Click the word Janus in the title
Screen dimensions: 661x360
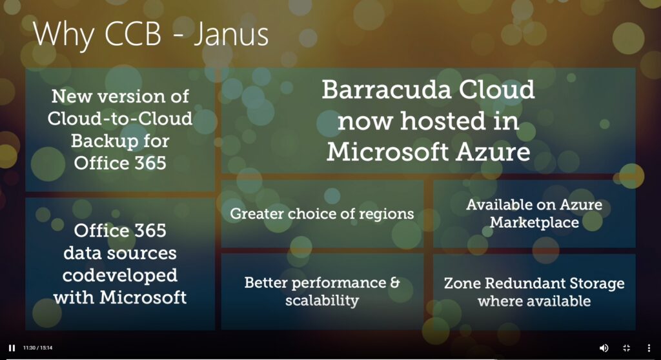coord(231,34)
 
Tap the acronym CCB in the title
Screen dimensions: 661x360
coord(133,34)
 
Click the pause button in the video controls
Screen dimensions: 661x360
coord(12,348)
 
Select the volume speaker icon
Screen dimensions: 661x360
coord(604,348)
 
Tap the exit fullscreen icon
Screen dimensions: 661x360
coord(626,348)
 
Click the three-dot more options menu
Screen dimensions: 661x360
coord(649,348)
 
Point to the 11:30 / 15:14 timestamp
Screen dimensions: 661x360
coord(37,348)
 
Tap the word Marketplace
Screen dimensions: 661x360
coord(534,222)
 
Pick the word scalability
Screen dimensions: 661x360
coord(321,301)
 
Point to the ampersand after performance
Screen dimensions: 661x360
coord(395,283)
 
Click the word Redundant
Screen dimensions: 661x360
coord(521,283)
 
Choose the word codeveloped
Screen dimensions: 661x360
coord(119,275)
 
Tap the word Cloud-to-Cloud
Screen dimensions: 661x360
coord(119,119)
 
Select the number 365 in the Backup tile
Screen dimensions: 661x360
coord(150,163)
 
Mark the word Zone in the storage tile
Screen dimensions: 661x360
coord(462,283)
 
